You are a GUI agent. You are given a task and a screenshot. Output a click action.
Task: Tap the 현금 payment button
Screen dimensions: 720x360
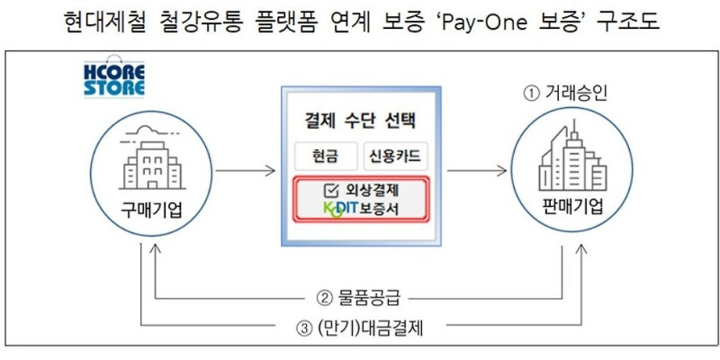pos(325,157)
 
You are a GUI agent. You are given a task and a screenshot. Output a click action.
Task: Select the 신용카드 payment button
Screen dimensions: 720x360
pos(392,157)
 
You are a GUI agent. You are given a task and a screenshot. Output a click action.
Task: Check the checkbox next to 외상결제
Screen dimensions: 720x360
pos(329,191)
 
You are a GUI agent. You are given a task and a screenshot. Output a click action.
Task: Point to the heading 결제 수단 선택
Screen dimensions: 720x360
pos(358,119)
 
